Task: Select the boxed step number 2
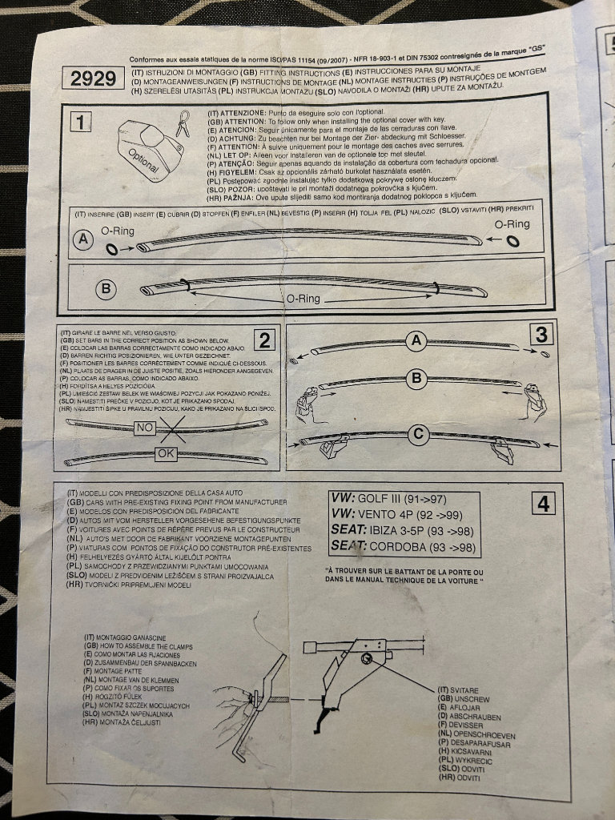point(263,340)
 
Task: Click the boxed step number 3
point(541,333)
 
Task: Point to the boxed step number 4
point(544,504)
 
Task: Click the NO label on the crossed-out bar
point(144,428)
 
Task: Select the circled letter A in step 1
point(82,238)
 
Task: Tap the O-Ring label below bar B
point(303,299)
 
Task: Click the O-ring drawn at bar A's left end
point(112,251)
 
